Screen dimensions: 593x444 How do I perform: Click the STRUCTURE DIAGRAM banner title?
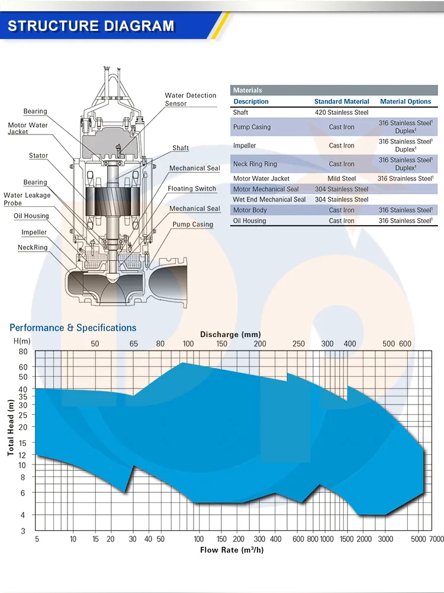(92, 26)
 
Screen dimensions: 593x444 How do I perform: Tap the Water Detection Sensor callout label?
(191, 100)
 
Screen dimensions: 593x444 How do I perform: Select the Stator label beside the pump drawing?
(38, 156)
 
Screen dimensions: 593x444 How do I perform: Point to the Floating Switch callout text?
(192, 188)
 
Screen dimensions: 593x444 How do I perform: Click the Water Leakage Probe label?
(27, 199)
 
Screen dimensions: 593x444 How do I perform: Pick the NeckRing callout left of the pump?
(33, 247)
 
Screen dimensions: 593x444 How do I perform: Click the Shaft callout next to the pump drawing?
(181, 148)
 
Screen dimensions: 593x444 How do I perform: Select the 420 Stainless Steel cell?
(342, 113)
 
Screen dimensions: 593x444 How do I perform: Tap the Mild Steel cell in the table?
(342, 178)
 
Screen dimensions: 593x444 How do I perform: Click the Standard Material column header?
(342, 101)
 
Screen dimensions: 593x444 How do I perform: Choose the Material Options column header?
(406, 101)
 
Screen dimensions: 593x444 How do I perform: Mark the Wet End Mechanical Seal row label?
(269, 200)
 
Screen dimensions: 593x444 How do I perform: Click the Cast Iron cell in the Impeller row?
(342, 146)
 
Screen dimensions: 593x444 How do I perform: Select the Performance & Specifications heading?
(73, 328)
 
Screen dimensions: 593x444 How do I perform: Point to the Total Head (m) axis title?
(11, 427)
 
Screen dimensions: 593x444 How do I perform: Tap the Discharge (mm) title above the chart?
(230, 335)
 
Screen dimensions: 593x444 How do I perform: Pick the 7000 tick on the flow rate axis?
(436, 539)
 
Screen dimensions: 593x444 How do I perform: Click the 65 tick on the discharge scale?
(134, 344)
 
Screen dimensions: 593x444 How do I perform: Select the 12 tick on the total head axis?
(23, 454)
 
